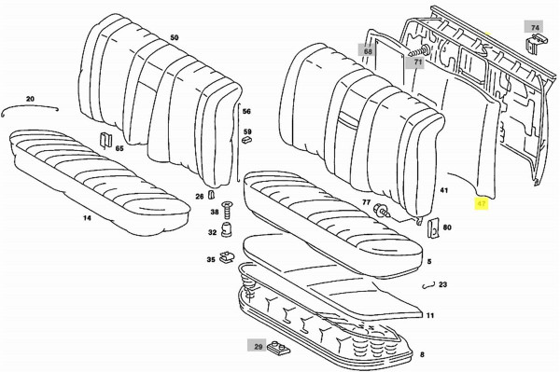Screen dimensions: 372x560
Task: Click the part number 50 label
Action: [174, 37]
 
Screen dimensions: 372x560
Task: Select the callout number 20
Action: [29, 99]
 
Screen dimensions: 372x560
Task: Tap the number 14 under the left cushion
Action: [87, 218]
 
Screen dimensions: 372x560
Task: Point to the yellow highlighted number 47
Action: [482, 201]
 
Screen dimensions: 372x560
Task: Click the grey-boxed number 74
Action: [535, 29]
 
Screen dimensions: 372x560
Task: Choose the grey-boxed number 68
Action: [368, 51]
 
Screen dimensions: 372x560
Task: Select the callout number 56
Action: [246, 112]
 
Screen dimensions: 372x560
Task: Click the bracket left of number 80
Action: [431, 226]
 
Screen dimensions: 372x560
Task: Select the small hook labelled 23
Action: [427, 287]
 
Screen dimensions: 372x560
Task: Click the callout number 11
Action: [430, 317]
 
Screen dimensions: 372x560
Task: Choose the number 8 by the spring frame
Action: [422, 355]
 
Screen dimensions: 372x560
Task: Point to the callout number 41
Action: [445, 191]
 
